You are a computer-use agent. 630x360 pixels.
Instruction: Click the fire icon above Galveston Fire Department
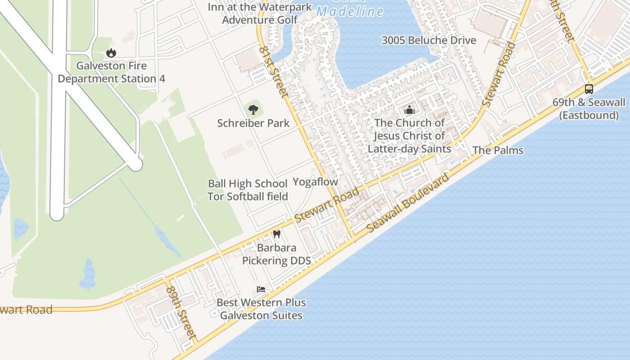(x=111, y=53)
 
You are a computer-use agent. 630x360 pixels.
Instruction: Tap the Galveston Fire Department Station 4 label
(x=112, y=72)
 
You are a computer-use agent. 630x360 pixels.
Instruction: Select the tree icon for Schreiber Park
(x=253, y=108)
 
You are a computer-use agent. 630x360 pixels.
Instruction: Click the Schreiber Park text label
(x=253, y=123)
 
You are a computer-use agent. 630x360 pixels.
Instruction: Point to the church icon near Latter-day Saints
(x=409, y=109)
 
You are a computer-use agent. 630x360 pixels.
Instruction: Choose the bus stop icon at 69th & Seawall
(x=589, y=89)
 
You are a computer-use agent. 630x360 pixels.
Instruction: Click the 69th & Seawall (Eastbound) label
(x=589, y=109)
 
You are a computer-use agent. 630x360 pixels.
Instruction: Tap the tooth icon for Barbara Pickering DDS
(x=277, y=234)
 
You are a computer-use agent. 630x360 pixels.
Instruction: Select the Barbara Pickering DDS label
(x=276, y=254)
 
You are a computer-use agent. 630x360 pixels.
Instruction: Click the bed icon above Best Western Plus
(x=261, y=289)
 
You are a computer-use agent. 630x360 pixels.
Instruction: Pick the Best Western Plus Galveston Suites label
(x=261, y=309)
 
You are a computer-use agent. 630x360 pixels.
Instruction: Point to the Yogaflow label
(x=315, y=182)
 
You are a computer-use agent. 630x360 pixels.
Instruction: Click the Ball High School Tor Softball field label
(x=247, y=190)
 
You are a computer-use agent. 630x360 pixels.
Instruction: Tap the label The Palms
(x=498, y=150)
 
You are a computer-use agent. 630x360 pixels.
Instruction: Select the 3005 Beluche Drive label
(x=428, y=40)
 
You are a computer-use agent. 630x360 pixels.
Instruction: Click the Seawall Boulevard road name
(x=408, y=203)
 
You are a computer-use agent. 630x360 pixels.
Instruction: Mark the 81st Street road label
(x=274, y=71)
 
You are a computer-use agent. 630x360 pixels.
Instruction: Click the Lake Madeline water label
(x=350, y=11)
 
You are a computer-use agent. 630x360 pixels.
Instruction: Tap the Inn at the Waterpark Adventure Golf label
(x=260, y=13)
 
